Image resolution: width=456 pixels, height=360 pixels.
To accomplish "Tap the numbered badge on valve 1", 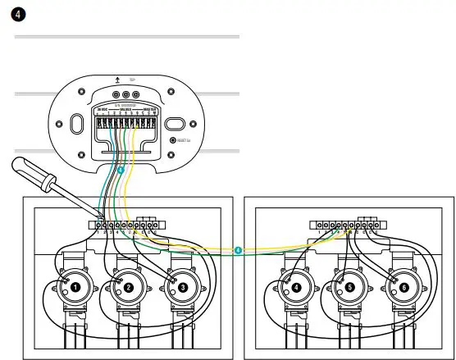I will [x=75, y=287].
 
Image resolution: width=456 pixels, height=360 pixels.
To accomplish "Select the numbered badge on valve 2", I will [x=128, y=287].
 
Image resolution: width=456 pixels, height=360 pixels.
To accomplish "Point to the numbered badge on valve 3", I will [x=181, y=287].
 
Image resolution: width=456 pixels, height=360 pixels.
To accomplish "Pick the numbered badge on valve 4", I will [x=296, y=287].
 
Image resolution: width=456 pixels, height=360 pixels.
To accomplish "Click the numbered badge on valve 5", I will [x=349, y=287].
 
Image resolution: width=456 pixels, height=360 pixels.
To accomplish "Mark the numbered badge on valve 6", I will [x=403, y=287].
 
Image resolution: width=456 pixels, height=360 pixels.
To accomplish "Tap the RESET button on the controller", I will [x=173, y=140].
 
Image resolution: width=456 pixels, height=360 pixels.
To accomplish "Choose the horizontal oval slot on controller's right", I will [x=176, y=124].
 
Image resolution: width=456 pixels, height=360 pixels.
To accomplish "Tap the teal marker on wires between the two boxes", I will [x=238, y=250].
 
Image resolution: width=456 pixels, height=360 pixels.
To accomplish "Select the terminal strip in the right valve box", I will [x=348, y=223].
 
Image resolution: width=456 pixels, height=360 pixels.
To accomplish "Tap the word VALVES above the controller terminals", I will [x=125, y=107].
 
